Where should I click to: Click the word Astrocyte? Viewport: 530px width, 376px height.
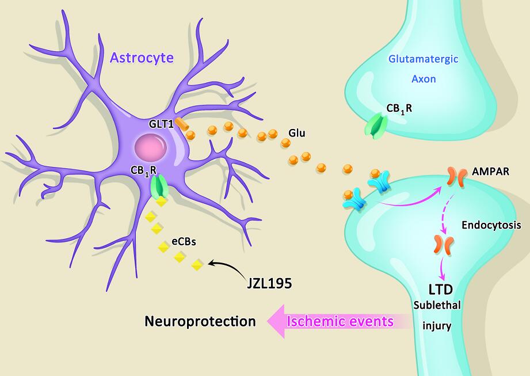coord(142,58)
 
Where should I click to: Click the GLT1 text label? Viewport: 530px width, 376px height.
coord(159,123)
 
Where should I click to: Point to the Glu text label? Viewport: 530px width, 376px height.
coord(296,134)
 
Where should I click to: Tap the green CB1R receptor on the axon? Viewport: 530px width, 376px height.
coord(376,126)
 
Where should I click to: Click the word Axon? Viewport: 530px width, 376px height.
coord(424,79)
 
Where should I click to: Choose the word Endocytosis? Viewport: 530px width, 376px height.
coord(491,226)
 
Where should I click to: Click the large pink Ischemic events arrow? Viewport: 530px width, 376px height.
coord(334,321)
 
